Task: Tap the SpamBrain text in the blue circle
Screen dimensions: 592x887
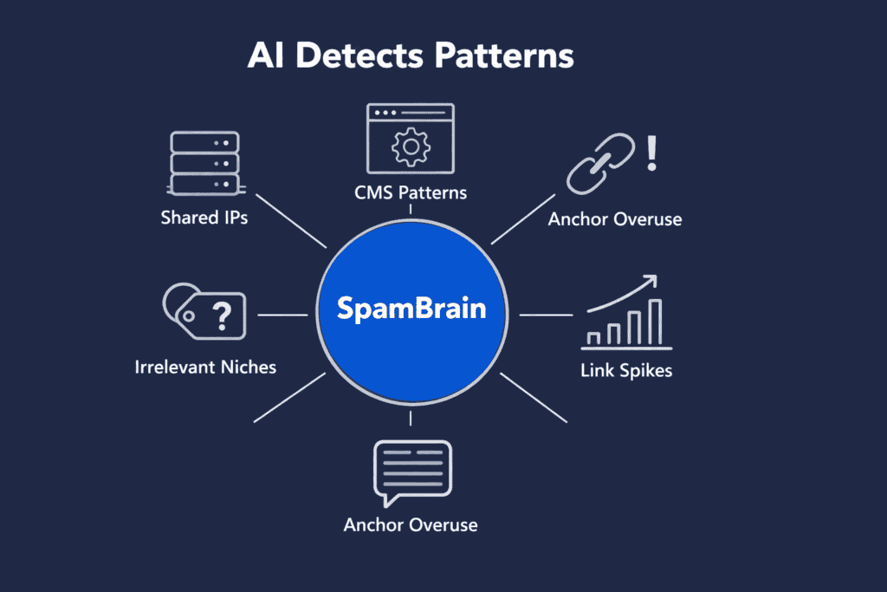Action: click(x=411, y=309)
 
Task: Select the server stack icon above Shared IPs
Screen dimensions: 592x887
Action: click(x=204, y=161)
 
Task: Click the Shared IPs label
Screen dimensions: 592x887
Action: click(x=204, y=218)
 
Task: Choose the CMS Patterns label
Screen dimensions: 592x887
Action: click(x=411, y=192)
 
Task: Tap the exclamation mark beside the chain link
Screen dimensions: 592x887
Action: click(x=652, y=153)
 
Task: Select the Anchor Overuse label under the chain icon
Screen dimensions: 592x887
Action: click(x=615, y=219)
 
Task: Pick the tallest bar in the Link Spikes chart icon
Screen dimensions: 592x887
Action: click(x=655, y=321)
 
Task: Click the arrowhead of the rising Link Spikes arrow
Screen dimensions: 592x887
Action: click(x=650, y=282)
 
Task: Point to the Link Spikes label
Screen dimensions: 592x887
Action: click(x=626, y=371)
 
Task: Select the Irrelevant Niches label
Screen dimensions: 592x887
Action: click(x=205, y=367)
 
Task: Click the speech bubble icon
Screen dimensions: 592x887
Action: click(x=411, y=473)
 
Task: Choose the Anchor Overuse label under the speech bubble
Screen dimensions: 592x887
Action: click(x=411, y=524)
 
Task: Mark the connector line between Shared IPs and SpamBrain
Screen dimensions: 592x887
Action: click(x=295, y=223)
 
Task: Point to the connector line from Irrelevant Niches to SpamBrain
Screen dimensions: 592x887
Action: click(x=283, y=315)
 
